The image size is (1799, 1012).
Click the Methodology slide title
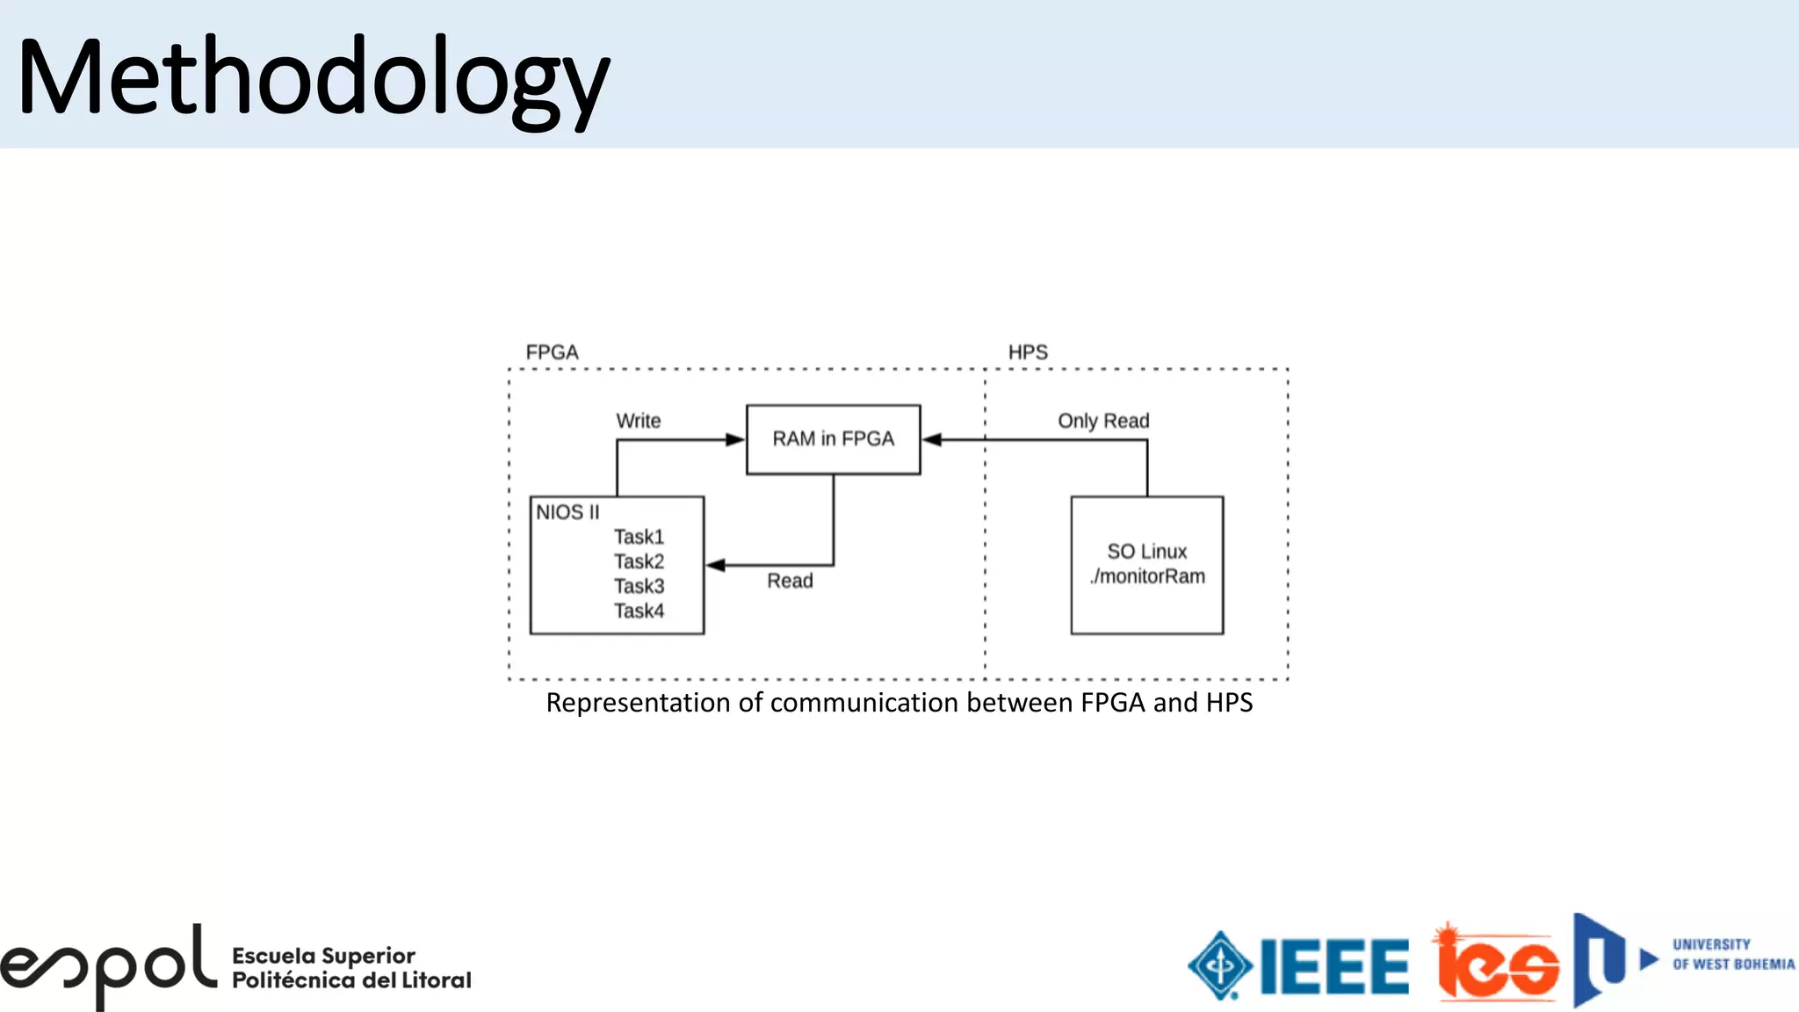[313, 79]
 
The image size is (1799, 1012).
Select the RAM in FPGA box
[833, 439]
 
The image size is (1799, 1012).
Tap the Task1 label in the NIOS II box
[639, 537]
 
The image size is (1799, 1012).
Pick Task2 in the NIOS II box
[639, 561]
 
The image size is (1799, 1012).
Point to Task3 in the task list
[639, 586]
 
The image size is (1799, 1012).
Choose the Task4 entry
[639, 611]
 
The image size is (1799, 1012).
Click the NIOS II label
[567, 512]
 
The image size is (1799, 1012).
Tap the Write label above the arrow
[638, 421]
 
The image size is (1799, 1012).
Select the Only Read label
[1103, 421]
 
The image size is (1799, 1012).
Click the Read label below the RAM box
[790, 581]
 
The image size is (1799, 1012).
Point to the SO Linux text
[1146, 552]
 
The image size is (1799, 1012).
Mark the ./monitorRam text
[1147, 576]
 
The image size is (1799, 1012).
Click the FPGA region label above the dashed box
[552, 352]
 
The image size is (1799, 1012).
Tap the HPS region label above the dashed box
[1028, 352]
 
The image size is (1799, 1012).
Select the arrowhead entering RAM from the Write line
[735, 439]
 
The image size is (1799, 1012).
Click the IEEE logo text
[1334, 967]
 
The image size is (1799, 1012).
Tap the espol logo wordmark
[107, 966]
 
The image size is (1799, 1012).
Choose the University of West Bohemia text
[1733, 955]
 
